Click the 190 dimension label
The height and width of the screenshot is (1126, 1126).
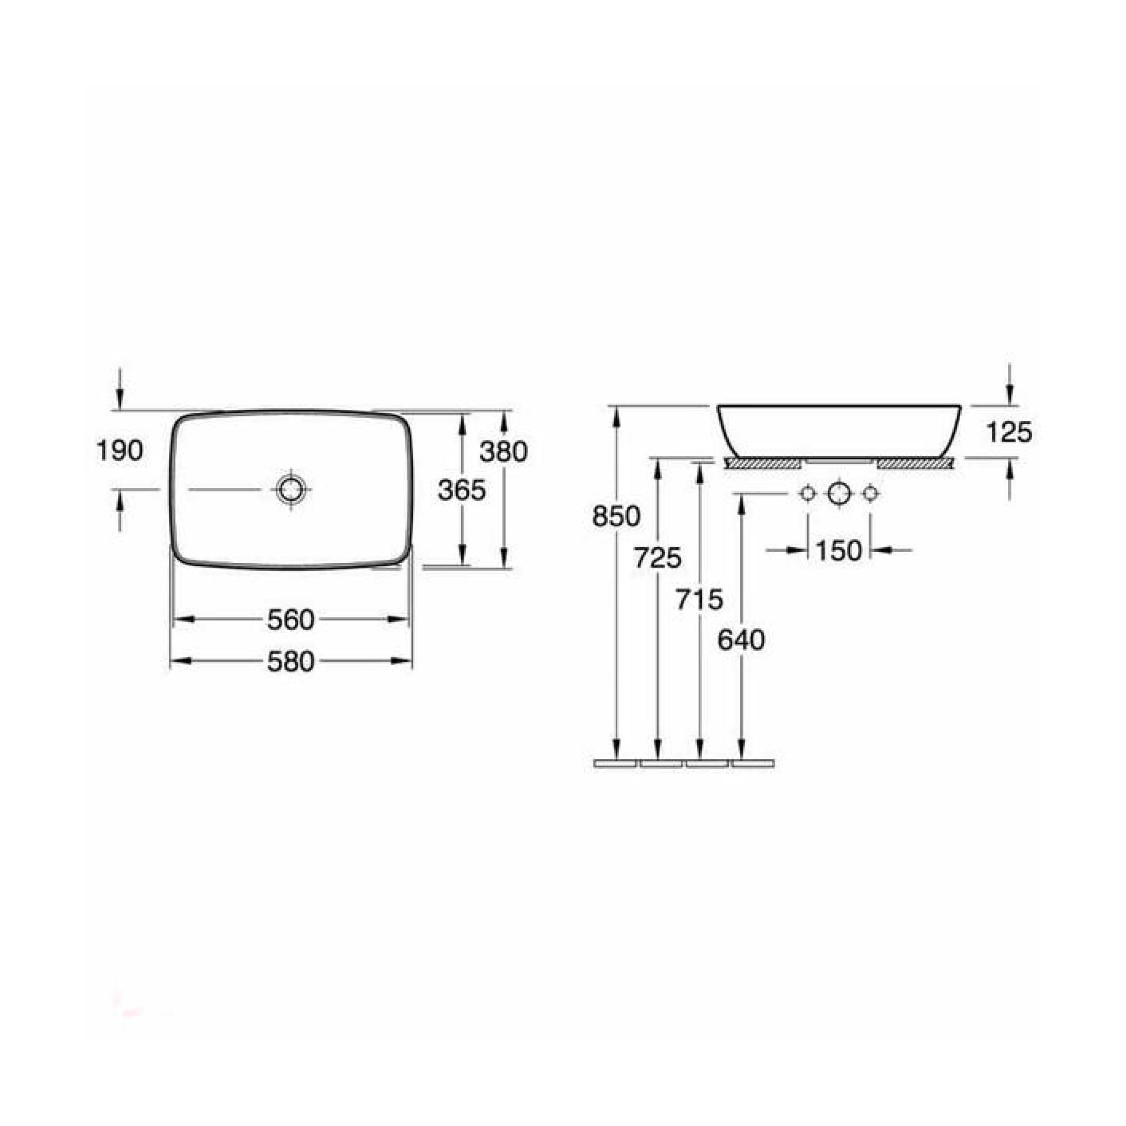[119, 450]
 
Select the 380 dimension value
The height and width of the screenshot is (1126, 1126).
[504, 451]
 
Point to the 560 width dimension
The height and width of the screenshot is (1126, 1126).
[291, 620]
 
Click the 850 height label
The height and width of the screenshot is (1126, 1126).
[616, 516]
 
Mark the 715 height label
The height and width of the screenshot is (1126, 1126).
[699, 599]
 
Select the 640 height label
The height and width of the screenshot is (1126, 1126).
[741, 640]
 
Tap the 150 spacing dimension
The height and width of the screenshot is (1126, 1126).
[838, 550]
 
